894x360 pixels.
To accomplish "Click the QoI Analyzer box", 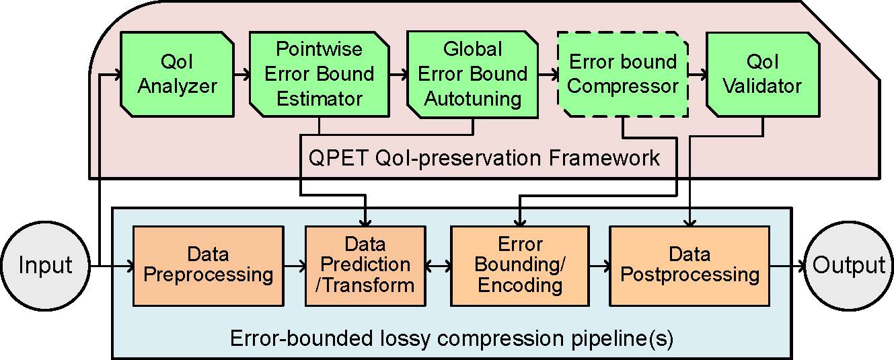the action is point(177,74).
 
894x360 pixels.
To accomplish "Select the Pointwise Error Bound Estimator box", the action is point(320,74).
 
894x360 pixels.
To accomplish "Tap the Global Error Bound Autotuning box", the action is point(472,75).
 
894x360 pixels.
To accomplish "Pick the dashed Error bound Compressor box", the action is point(623,74).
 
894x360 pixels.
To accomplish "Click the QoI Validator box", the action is point(763,74).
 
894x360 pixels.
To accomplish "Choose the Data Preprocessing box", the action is point(209,266).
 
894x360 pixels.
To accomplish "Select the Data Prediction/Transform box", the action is point(365,266).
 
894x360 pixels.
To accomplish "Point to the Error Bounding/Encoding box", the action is point(520,266).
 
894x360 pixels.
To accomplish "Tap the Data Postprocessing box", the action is point(690,266).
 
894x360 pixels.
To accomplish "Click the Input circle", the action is point(46,266).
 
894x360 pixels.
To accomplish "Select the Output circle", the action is point(848,266).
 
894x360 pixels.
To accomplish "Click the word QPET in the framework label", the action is point(338,158).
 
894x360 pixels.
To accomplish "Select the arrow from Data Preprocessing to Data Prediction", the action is point(295,266).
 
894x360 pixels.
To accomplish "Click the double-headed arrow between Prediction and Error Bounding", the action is point(438,266).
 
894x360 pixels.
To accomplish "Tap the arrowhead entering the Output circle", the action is point(799,266).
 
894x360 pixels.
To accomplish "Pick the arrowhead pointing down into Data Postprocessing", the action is point(690,221).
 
